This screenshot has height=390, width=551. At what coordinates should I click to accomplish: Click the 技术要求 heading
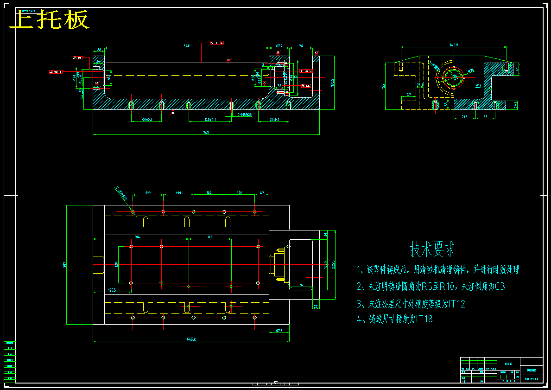click(x=433, y=249)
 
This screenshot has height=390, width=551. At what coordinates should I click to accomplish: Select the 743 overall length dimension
click(x=206, y=133)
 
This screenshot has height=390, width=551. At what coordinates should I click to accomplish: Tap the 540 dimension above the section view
click(x=187, y=46)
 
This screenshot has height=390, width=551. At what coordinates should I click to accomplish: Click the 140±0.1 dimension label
click(x=210, y=120)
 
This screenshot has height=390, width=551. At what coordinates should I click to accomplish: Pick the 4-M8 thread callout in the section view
click(x=244, y=114)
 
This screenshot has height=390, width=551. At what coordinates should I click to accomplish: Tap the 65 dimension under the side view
click(x=485, y=117)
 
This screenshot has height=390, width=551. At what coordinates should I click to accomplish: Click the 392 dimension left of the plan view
click(x=64, y=265)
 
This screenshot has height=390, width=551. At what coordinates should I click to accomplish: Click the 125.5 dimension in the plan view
click(x=112, y=290)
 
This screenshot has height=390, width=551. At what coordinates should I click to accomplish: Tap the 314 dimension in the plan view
click(x=137, y=237)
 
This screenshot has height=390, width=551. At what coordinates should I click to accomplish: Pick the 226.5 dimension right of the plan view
click(x=332, y=264)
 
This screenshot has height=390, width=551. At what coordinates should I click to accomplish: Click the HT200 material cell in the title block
click(x=508, y=364)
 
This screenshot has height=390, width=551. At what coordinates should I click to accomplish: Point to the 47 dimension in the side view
click(x=408, y=95)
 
